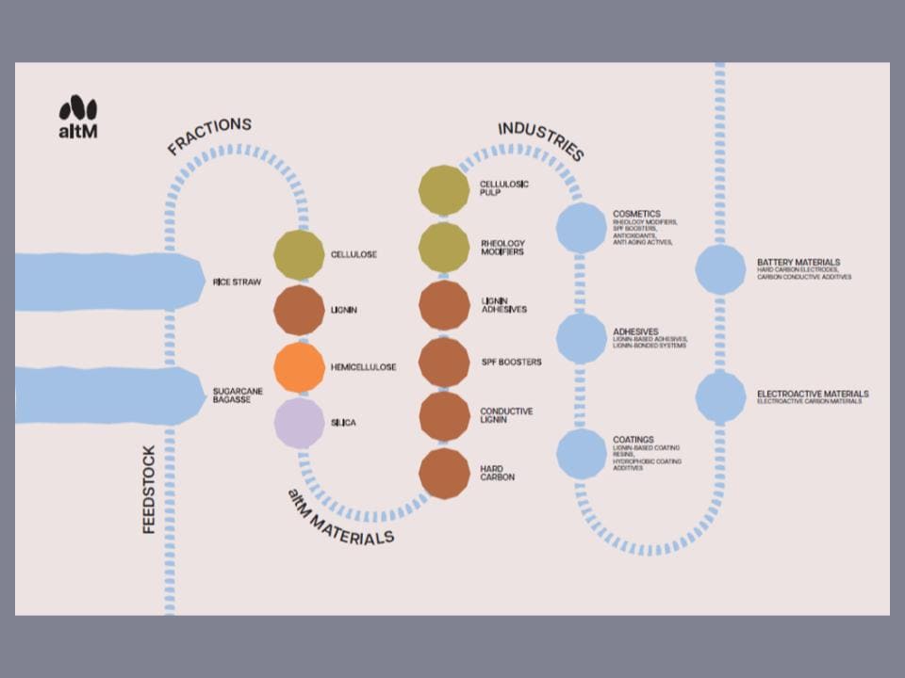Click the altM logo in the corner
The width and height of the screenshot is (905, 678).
[78, 117]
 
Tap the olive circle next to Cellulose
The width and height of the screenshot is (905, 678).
[299, 254]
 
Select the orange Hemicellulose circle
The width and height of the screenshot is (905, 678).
[299, 367]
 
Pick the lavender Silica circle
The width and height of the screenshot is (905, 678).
[299, 424]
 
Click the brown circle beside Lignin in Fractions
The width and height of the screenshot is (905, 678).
[299, 311]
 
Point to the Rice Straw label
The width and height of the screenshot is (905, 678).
[238, 282]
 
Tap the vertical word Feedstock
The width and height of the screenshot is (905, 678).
[149, 490]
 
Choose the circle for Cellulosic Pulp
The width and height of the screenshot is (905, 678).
[444, 189]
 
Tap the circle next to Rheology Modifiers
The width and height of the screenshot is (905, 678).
[444, 248]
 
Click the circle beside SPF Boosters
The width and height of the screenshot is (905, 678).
[444, 363]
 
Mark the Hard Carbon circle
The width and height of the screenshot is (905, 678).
[444, 474]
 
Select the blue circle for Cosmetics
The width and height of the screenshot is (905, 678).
[581, 229]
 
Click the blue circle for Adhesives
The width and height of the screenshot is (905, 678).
[581, 338]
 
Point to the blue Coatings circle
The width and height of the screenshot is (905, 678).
[581, 453]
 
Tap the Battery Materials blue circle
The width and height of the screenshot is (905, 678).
[720, 269]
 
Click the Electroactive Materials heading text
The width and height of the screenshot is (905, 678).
[813, 394]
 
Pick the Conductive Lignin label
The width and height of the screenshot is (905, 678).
[506, 415]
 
